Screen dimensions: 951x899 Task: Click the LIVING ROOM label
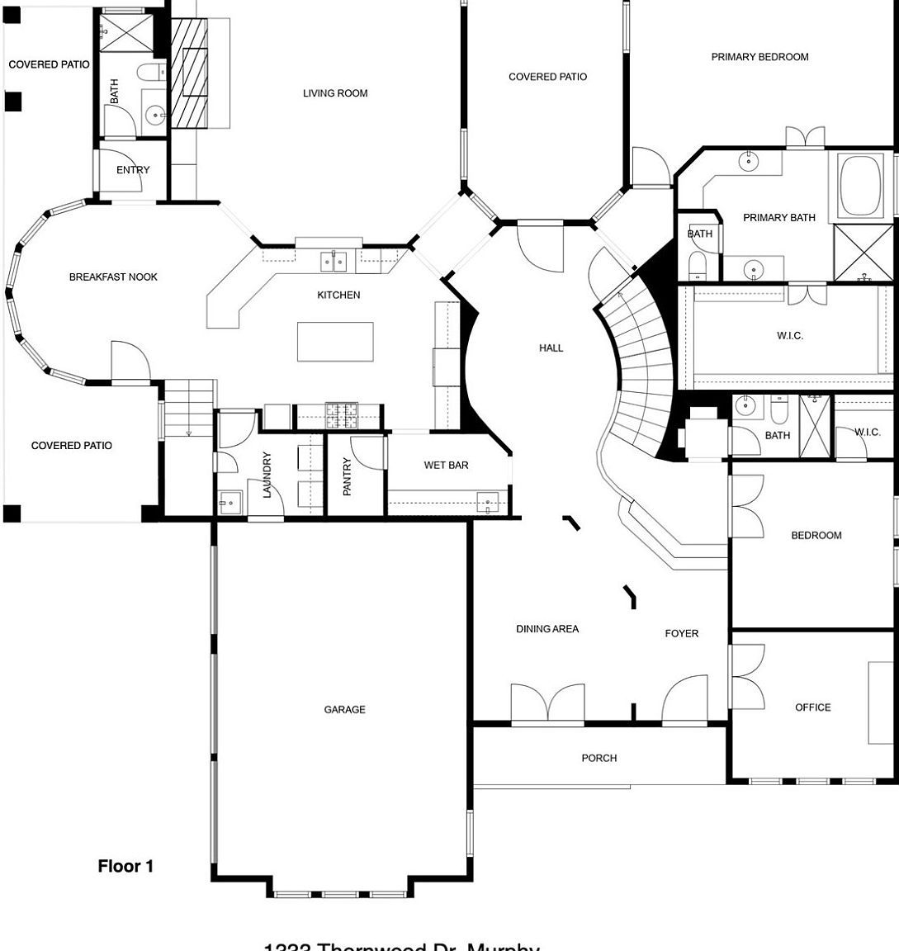pyautogui.click(x=335, y=93)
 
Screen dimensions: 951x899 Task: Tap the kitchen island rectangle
pyautogui.click(x=335, y=342)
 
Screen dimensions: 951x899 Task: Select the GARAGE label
pyautogui.click(x=344, y=709)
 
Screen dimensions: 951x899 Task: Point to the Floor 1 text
pyautogui.click(x=125, y=866)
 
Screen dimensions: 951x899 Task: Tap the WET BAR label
pyautogui.click(x=446, y=465)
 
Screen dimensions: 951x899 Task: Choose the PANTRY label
pyautogui.click(x=348, y=476)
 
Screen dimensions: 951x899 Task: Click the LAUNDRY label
pyautogui.click(x=267, y=475)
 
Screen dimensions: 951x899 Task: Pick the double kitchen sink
pyautogui.click(x=334, y=262)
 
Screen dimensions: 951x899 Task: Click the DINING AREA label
pyautogui.click(x=547, y=629)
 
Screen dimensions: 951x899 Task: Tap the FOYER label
pyautogui.click(x=681, y=634)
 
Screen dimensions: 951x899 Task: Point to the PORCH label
pyautogui.click(x=599, y=758)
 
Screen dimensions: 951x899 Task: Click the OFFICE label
pyautogui.click(x=812, y=707)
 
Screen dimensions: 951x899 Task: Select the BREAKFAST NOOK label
pyautogui.click(x=113, y=277)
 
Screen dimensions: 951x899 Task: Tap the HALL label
pyautogui.click(x=551, y=348)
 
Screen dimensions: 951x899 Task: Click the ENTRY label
pyautogui.click(x=133, y=170)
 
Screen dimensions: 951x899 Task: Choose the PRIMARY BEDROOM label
pyautogui.click(x=759, y=57)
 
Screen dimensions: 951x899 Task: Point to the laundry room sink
pyautogui.click(x=228, y=501)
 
